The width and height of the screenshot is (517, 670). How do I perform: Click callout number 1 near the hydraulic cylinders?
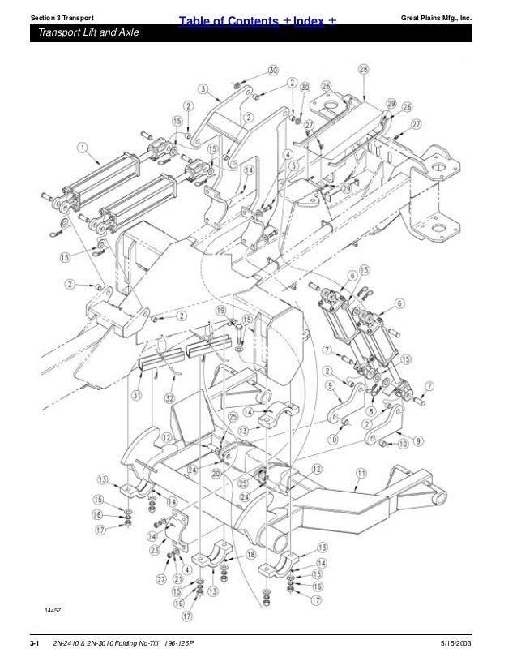click(83, 147)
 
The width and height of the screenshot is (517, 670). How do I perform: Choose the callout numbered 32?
click(169, 398)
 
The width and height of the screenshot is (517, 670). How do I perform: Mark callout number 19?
click(220, 311)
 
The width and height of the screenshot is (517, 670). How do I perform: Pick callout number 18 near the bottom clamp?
click(251, 554)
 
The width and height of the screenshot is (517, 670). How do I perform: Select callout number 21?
click(177, 578)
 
